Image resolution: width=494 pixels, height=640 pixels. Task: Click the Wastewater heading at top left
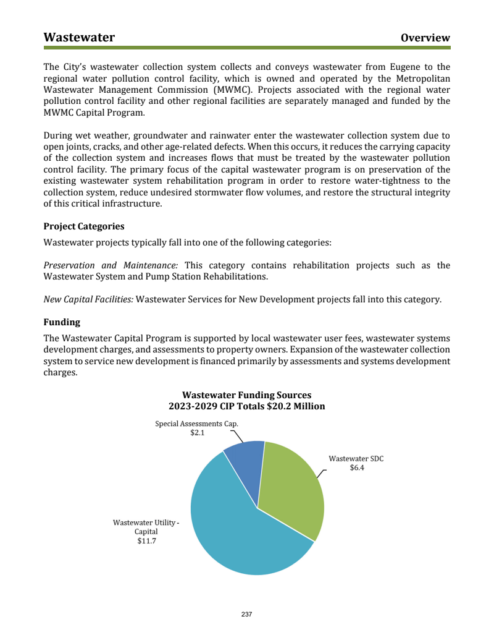[x=79, y=37]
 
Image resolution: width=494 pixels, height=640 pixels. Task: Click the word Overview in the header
[x=425, y=38]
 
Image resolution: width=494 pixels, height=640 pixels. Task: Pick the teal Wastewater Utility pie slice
[x=241, y=532]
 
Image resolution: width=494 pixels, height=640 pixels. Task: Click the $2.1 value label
[x=197, y=433]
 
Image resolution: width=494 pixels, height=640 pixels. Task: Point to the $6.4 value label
[x=357, y=467]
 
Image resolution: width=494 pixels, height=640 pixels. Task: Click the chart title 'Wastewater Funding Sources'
[x=247, y=395]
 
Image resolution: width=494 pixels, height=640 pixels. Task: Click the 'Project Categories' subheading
[x=84, y=226]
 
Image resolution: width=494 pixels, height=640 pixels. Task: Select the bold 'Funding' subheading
[x=62, y=322]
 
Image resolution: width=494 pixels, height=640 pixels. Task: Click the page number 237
[x=247, y=614]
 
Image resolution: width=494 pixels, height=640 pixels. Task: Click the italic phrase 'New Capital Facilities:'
[x=88, y=299]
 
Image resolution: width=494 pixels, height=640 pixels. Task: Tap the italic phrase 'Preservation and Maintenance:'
[x=111, y=265]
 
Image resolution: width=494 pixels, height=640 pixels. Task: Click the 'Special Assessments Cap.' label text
[x=196, y=424]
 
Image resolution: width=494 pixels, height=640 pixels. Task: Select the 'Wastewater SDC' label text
[x=356, y=458]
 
